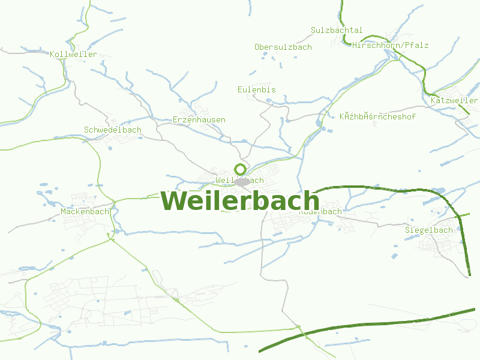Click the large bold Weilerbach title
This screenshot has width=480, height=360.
[x=240, y=200]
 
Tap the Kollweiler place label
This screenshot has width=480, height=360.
[x=74, y=55]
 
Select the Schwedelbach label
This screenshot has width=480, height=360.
[x=113, y=130]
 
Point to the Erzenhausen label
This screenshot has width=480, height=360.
[x=199, y=119]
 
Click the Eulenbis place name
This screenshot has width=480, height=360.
[x=257, y=89]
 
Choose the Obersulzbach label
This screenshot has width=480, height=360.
[x=283, y=47]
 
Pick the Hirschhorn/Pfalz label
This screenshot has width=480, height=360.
[x=391, y=45]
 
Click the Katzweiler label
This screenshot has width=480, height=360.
[x=454, y=100]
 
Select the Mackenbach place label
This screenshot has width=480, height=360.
[x=85, y=211]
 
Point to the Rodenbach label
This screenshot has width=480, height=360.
[x=320, y=212]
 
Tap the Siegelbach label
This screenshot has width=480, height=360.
[x=429, y=230]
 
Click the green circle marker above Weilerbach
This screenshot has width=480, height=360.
[x=240, y=169]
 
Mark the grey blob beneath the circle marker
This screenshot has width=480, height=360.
[x=242, y=181]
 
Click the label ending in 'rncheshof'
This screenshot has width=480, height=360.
[x=377, y=116]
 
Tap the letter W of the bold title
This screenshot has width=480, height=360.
[x=175, y=200]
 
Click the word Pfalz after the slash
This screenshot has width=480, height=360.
[x=417, y=45]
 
